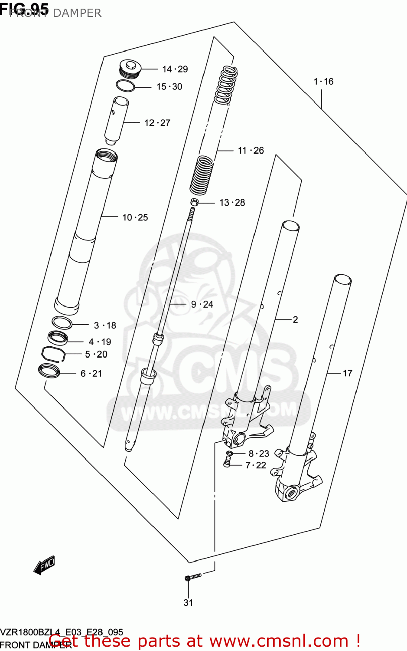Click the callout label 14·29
[175, 69]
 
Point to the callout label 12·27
[157, 123]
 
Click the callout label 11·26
[251, 151]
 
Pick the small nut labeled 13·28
[194, 202]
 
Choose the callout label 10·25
[135, 217]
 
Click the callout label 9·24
[202, 304]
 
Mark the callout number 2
[295, 320]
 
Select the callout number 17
[347, 373]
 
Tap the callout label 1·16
[323, 82]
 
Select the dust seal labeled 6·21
[49, 371]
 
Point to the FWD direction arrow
[44, 566]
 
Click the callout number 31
[188, 602]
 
